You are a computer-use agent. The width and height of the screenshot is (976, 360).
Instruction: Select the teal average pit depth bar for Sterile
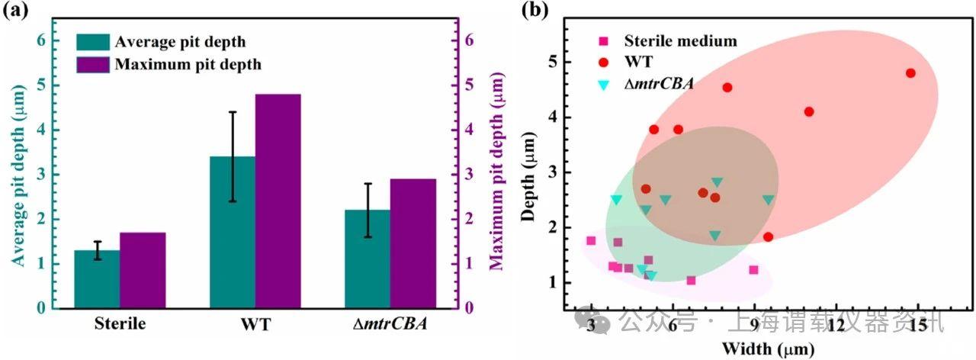(97, 279)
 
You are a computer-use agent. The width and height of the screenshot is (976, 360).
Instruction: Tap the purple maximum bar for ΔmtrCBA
(413, 243)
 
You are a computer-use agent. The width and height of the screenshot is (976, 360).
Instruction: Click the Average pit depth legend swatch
(93, 41)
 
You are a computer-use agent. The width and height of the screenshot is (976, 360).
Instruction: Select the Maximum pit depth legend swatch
(93, 64)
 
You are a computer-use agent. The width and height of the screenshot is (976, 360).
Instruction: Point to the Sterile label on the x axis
(120, 324)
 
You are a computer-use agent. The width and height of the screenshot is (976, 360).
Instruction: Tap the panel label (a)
(16, 11)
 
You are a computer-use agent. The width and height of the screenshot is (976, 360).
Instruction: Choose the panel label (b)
(531, 11)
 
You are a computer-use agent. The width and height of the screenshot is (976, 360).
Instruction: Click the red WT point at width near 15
(910, 73)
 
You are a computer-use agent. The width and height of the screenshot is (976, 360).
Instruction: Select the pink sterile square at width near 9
(753, 270)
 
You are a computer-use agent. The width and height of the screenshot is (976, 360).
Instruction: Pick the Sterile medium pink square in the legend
(603, 41)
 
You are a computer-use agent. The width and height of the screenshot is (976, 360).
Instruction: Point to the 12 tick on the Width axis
(836, 325)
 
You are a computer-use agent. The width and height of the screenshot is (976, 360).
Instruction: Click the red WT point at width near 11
(809, 111)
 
